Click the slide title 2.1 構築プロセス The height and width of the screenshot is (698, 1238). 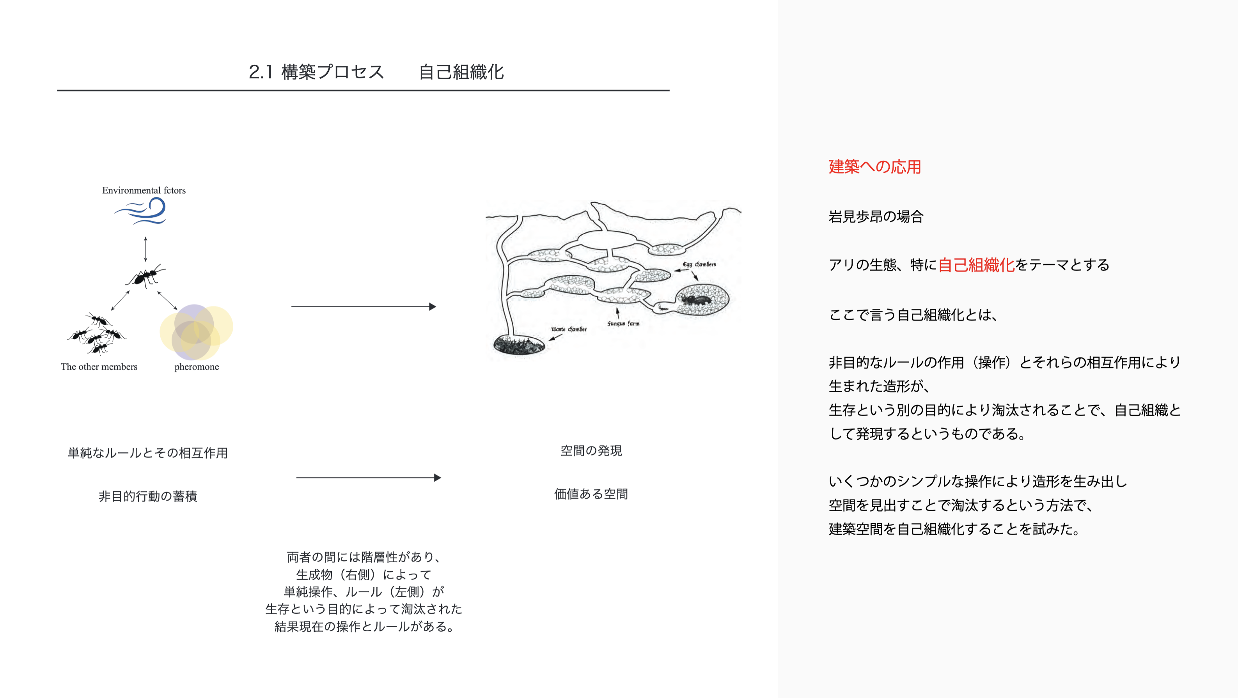click(316, 72)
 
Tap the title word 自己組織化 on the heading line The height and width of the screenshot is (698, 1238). click(461, 72)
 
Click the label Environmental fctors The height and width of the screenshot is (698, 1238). click(144, 190)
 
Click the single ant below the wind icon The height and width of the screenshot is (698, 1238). click(145, 276)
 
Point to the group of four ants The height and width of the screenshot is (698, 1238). click(98, 333)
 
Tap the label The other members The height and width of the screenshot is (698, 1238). click(99, 367)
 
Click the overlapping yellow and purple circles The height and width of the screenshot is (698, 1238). click(196, 332)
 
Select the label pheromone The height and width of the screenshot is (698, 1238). click(197, 367)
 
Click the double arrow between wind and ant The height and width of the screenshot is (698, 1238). click(145, 249)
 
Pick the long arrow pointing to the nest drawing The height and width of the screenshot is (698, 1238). click(364, 306)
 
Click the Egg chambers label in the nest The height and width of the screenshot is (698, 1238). click(699, 264)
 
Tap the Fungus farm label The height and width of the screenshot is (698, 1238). click(623, 323)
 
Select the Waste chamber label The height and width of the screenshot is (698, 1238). click(569, 329)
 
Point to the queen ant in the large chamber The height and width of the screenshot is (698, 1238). click(695, 301)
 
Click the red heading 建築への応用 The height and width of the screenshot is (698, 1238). click(874, 167)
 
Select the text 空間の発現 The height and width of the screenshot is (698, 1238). click(591, 451)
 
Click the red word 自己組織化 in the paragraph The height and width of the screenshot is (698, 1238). click(976, 265)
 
